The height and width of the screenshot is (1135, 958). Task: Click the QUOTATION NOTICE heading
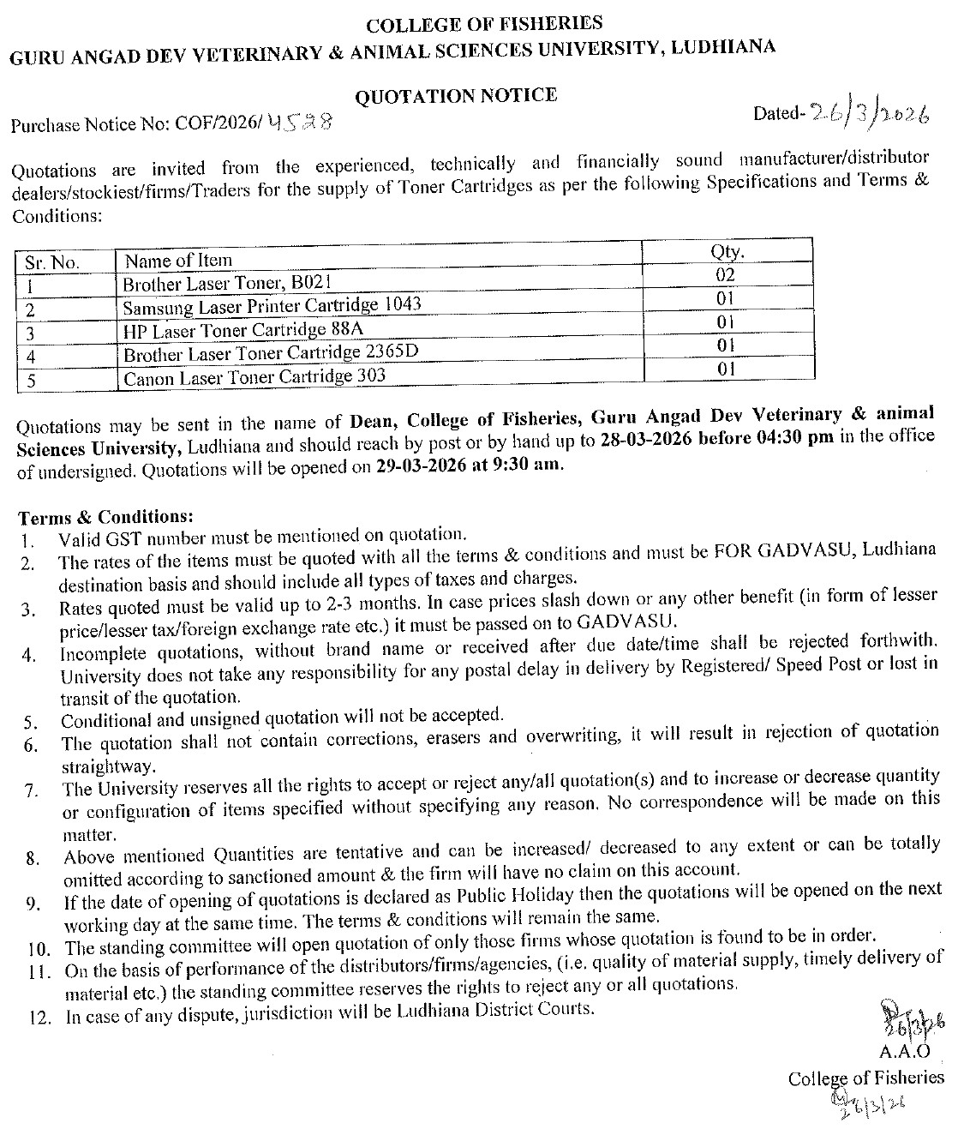pyautogui.click(x=456, y=94)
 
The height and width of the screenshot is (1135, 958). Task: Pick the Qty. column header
pyautogui.click(x=727, y=252)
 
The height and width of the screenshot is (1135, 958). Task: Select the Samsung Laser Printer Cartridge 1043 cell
pyautogui.click(x=272, y=305)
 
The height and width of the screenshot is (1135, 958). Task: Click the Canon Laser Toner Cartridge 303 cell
pyautogui.click(x=254, y=376)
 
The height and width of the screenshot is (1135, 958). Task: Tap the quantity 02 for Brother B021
pyautogui.click(x=726, y=275)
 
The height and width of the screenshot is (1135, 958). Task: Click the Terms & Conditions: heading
pyautogui.click(x=106, y=517)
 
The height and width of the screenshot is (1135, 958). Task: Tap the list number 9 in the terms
pyautogui.click(x=31, y=903)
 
